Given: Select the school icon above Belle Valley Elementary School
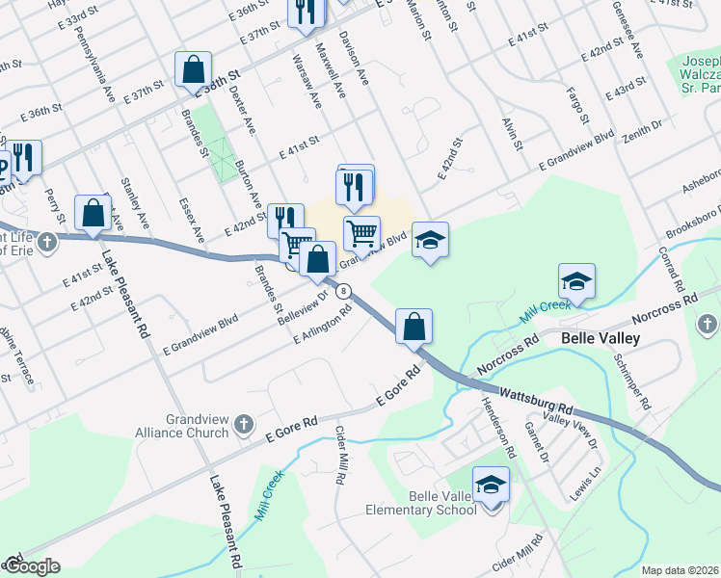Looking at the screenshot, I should [x=491, y=484].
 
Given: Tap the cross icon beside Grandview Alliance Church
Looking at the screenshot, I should [x=245, y=422].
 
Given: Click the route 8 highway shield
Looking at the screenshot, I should [x=343, y=291].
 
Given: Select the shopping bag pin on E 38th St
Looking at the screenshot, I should [x=194, y=69].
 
